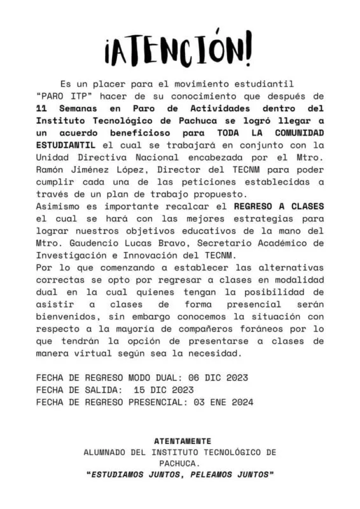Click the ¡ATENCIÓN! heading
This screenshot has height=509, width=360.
179,48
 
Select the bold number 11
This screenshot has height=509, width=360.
42,109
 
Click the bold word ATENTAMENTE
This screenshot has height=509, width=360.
183,440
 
